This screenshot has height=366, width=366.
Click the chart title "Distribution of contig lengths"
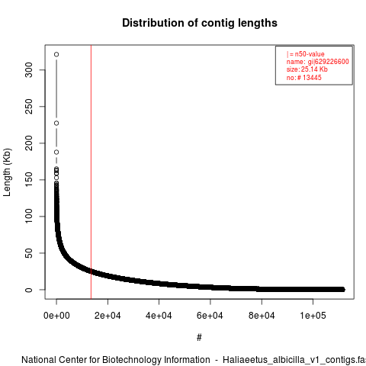(200, 23)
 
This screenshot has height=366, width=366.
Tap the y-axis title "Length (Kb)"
(7, 172)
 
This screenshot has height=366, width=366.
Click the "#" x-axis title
(199, 338)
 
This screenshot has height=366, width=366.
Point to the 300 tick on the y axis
(29, 70)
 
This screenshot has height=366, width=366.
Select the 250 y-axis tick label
(29, 107)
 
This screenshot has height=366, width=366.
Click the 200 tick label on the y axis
(29, 143)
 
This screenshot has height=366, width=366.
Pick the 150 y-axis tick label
(29, 180)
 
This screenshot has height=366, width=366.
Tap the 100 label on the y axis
(29, 217)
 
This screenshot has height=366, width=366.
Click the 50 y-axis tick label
(29, 253)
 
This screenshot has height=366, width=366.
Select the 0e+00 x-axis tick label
(56, 316)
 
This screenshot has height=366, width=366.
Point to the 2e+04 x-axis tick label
(108, 316)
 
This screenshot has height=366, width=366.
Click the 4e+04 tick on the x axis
(159, 316)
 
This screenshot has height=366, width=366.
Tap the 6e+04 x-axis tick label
(210, 316)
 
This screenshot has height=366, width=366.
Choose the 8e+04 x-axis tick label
(262, 316)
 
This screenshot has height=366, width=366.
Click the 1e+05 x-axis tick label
(313, 316)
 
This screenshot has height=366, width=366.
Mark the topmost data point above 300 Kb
(56, 54)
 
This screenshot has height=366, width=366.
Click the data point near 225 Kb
(56, 124)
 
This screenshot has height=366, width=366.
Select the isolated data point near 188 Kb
(56, 152)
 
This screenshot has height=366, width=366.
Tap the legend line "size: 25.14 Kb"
(307, 69)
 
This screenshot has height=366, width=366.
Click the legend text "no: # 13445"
(304, 78)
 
